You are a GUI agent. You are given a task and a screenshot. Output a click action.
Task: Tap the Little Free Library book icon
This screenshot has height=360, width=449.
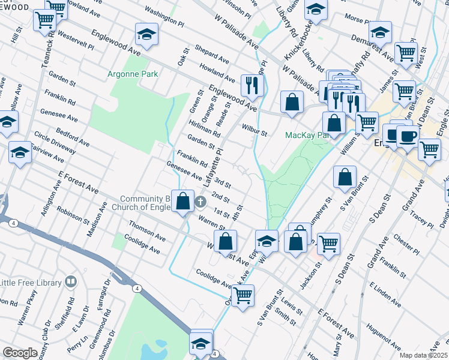71,282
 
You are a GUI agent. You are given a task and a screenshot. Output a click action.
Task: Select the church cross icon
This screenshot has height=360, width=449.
200,200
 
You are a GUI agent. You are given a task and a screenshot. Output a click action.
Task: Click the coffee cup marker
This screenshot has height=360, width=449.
408,136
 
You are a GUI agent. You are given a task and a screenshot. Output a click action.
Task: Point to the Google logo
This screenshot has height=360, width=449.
20,353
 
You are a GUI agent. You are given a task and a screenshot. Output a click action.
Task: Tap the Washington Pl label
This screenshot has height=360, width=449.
164,19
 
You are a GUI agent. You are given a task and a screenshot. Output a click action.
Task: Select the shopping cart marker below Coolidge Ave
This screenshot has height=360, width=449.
243,295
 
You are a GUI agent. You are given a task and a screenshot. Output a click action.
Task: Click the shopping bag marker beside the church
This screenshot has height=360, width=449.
182,201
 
